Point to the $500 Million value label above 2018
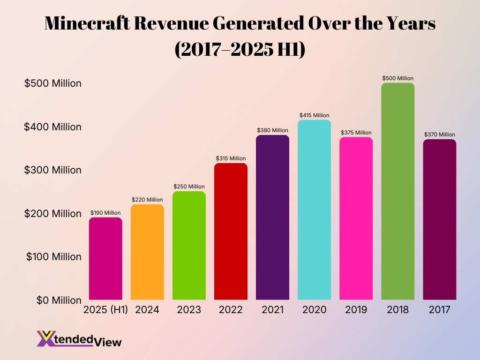pos(397,78)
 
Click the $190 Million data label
pos(105,213)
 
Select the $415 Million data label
pos(314,115)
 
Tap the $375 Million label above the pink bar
pos(356,133)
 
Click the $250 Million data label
pos(189,187)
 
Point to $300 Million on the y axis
pos(53,170)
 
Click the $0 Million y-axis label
pos(59,300)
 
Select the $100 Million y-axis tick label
pos(53,257)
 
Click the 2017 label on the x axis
pos(439,310)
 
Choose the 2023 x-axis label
pos(189,310)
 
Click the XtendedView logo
pos(79,338)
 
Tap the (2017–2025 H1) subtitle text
pos(240,49)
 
